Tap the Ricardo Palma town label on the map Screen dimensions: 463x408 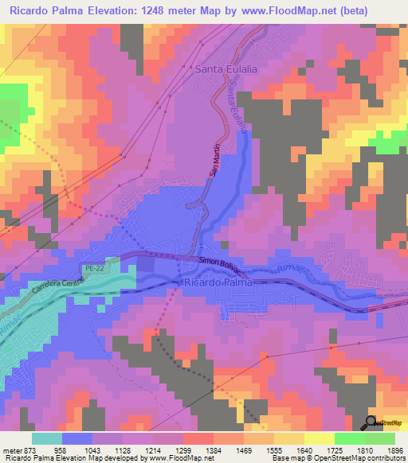[x=217, y=282]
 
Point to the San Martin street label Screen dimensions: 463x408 [x=214, y=162]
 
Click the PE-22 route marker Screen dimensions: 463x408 [x=94, y=270]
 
